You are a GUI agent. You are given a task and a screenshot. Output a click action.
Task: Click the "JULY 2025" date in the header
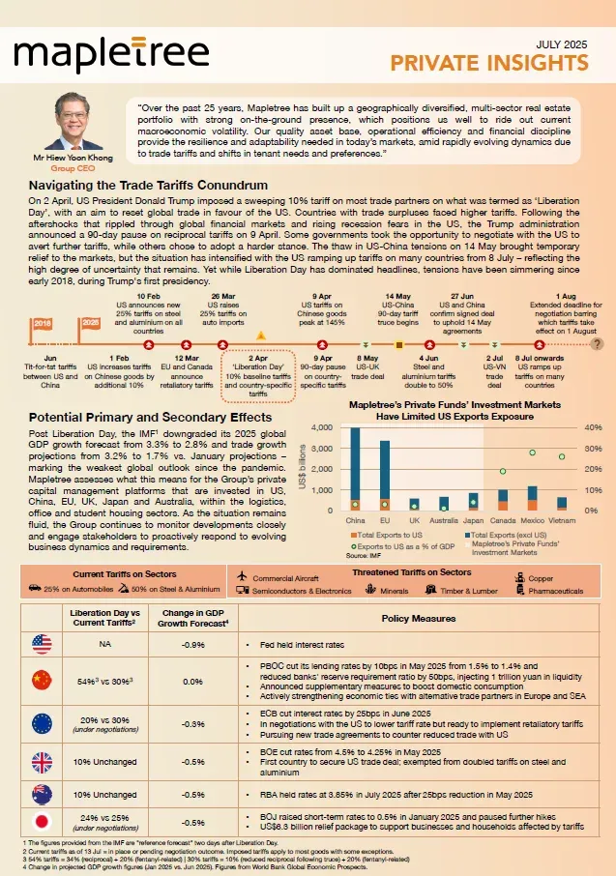[561, 45]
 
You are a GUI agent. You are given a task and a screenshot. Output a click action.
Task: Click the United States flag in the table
[42, 641]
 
